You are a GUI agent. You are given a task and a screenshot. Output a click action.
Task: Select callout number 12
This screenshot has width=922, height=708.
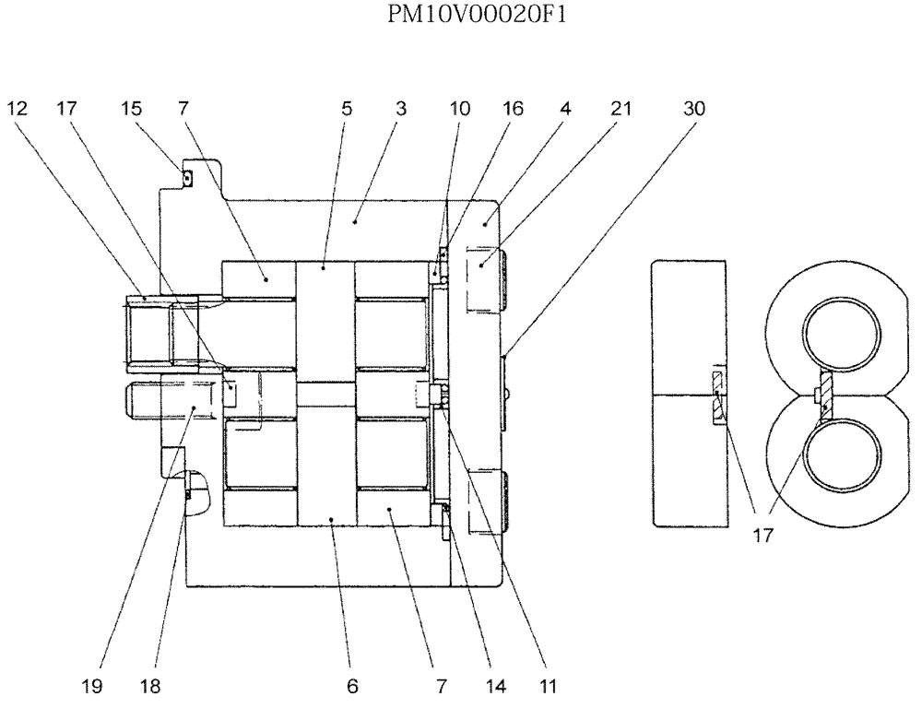click(x=19, y=109)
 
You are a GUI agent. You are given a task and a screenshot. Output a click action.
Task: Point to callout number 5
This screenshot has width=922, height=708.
click(x=347, y=109)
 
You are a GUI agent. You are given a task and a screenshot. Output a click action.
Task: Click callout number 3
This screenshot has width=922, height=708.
click(x=401, y=109)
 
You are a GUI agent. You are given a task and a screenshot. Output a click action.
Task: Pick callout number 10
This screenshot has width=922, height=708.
click(x=459, y=109)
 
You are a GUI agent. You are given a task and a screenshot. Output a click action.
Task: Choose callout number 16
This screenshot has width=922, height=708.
click(x=513, y=109)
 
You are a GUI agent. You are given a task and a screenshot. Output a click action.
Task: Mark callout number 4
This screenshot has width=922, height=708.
click(x=565, y=109)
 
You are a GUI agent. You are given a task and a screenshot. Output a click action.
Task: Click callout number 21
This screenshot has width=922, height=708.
click(x=621, y=109)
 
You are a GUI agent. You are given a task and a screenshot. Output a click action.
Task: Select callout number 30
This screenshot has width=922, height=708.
click(x=693, y=109)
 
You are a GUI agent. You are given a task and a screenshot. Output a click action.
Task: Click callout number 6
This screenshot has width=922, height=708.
click(x=352, y=686)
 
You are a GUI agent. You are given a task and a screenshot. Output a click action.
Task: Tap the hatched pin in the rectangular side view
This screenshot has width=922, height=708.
click(x=717, y=396)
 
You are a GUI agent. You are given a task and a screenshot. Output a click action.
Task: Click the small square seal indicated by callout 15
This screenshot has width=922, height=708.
click(x=186, y=179)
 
